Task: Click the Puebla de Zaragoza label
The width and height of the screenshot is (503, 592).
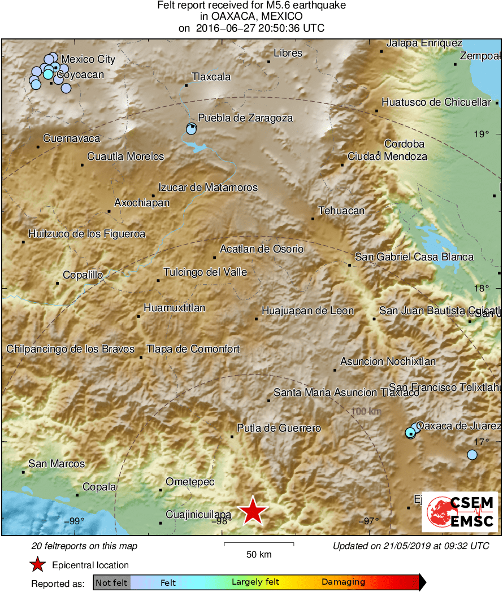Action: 245,118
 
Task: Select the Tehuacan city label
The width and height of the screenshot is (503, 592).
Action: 341,211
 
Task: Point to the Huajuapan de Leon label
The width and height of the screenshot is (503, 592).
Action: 307,311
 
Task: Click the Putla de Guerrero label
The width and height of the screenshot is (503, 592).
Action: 279,428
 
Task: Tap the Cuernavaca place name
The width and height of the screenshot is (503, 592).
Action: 71,138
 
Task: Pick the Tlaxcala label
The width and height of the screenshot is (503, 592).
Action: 211,77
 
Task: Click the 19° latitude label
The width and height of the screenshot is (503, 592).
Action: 482,134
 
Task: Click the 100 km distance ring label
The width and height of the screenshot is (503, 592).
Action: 366,411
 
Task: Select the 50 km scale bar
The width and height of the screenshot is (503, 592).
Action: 259,544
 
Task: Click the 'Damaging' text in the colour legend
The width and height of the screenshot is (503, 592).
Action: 343,582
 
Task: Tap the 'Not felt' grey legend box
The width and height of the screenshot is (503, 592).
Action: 111,582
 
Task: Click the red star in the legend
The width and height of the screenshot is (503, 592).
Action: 37,565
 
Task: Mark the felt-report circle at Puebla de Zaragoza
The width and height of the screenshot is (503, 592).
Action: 191,129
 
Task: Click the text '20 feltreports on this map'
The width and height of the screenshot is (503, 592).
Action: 84,546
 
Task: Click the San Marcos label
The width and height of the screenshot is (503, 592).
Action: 57,464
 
